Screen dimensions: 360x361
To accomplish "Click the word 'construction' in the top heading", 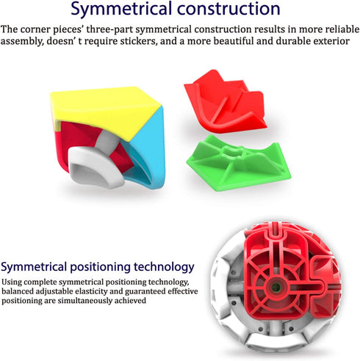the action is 228,9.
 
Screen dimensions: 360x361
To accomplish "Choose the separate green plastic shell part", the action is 239,163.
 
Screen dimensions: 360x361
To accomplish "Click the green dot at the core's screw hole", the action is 276,288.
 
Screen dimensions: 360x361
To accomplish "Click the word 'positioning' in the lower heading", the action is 101,268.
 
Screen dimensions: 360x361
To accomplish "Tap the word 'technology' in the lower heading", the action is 164,268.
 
